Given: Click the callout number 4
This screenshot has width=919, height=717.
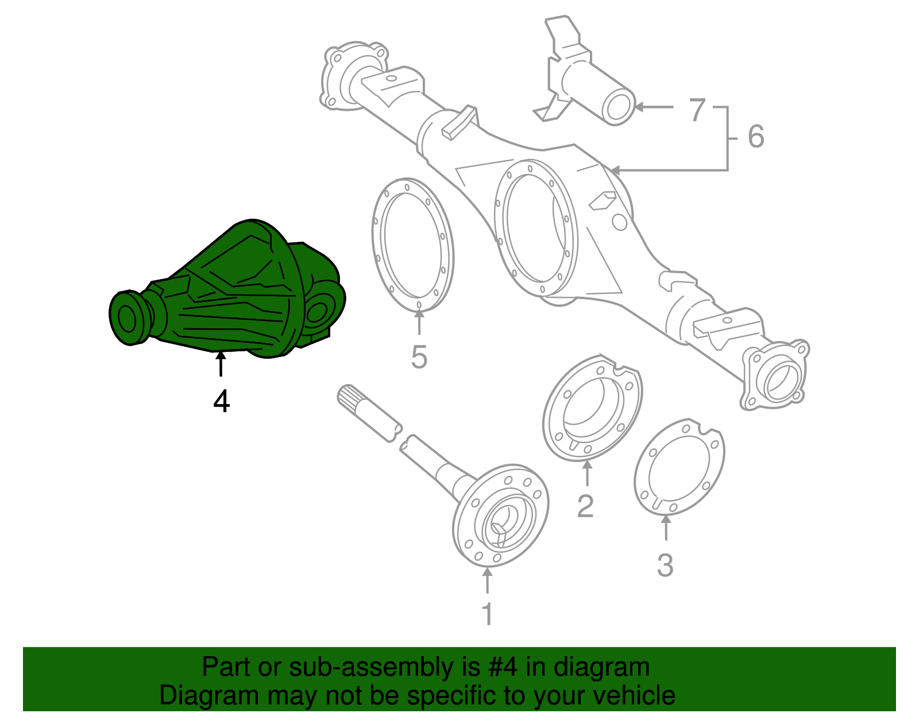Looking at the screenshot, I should [221, 401].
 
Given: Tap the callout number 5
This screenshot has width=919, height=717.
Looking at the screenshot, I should [419, 357].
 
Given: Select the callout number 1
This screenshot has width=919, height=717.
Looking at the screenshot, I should [487, 614].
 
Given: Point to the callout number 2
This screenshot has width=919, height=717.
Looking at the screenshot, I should [585, 506].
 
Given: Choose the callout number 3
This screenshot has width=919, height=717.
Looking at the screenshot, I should [665, 565].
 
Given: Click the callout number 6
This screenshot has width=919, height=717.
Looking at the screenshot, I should [756, 137].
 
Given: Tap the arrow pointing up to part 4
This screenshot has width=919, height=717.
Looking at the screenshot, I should [221, 365].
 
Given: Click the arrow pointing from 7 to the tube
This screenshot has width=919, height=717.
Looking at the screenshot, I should [654, 107].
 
